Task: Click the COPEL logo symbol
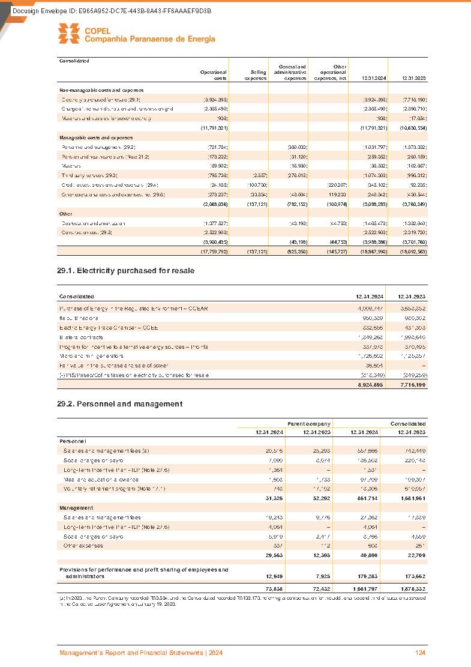[x=68, y=34]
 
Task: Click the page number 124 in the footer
[x=420, y=653]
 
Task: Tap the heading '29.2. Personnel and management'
[x=119, y=404]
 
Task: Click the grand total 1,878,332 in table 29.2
[x=412, y=588]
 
